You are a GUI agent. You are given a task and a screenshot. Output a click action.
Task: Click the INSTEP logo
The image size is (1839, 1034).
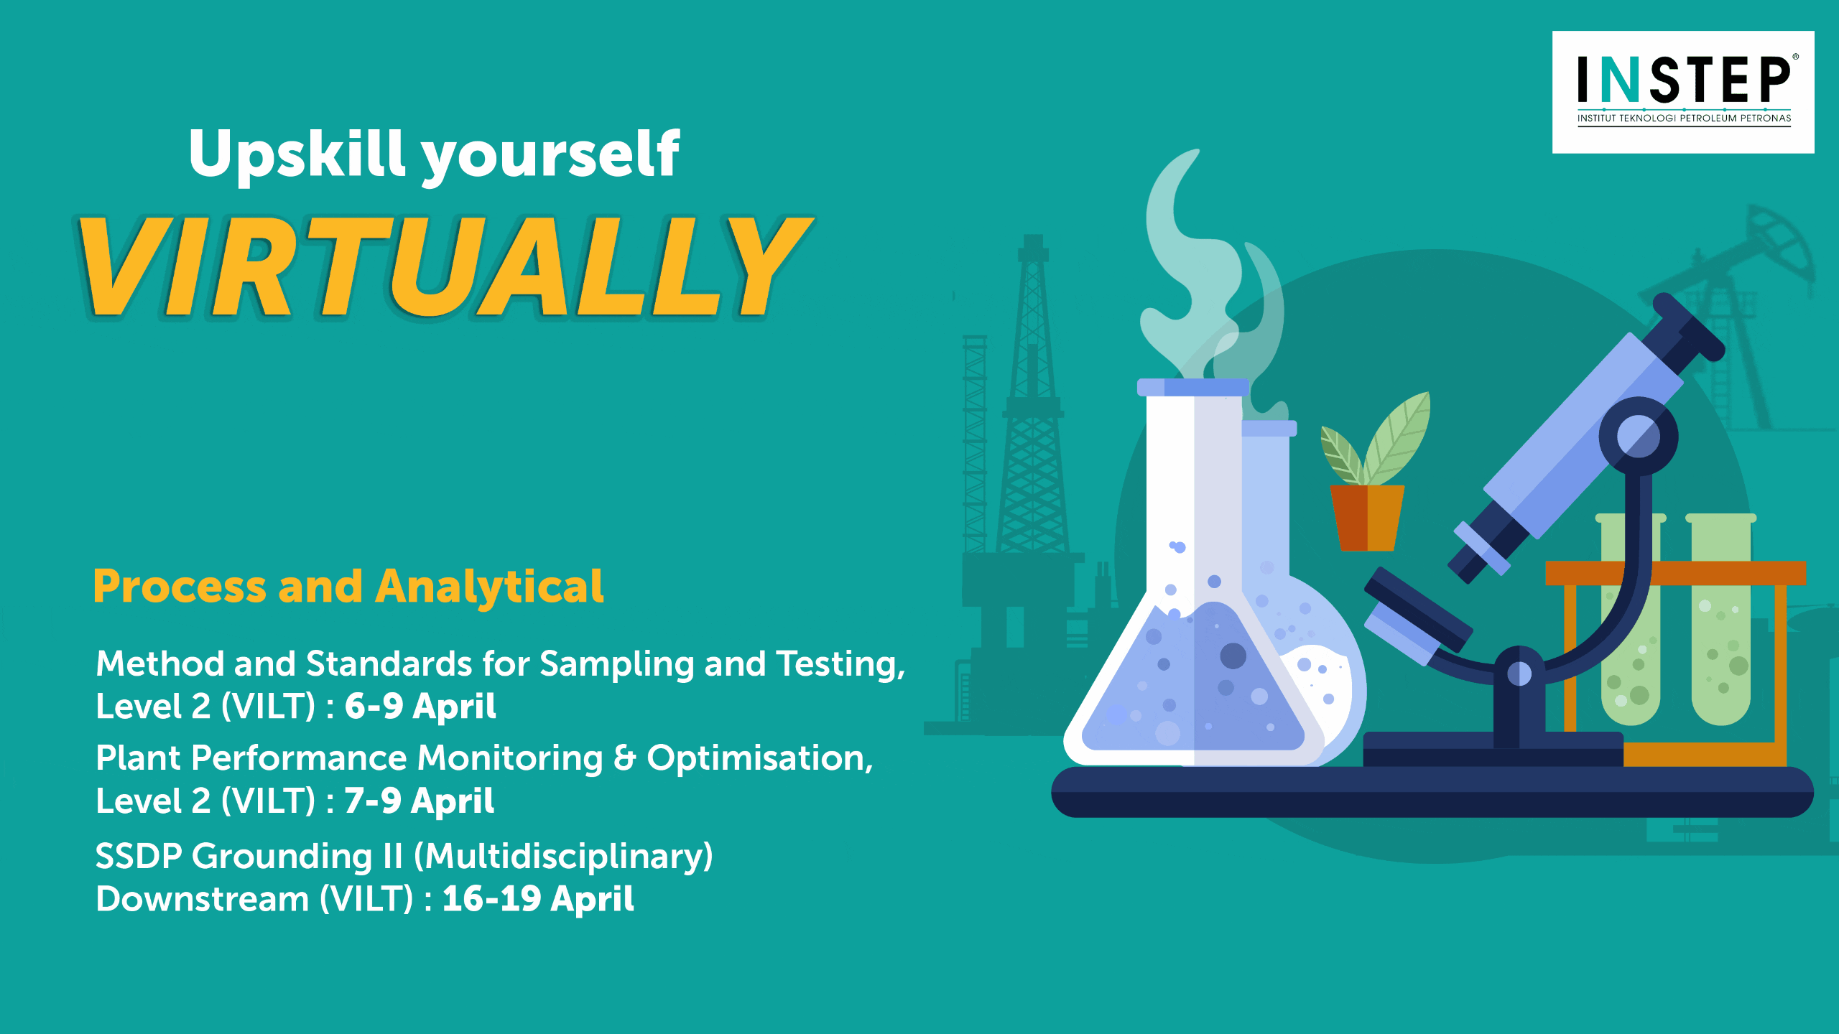point(1683,92)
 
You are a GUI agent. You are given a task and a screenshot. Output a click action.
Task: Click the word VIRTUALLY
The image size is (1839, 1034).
point(445,267)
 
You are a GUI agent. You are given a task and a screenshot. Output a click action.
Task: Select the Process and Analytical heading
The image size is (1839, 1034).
point(348,587)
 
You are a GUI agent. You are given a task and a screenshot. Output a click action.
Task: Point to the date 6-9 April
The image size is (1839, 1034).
point(420,706)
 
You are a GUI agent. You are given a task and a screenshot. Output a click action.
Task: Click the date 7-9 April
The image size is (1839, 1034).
point(420,801)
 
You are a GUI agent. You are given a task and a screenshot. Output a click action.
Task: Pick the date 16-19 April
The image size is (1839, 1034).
point(538,898)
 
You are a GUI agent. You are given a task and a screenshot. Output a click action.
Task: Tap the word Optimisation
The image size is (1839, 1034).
point(760,759)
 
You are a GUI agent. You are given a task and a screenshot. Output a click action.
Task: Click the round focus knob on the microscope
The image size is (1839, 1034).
point(1639,436)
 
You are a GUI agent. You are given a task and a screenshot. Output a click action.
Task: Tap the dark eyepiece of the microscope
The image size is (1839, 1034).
point(1687,327)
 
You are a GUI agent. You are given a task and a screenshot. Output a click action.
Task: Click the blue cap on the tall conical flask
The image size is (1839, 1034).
point(1192,387)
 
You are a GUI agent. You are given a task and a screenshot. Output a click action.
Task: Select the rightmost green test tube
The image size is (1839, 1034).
point(1721,618)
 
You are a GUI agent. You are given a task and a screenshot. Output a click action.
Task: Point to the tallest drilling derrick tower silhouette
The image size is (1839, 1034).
point(1033,395)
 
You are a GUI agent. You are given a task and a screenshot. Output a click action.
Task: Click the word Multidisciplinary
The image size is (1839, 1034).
point(564,856)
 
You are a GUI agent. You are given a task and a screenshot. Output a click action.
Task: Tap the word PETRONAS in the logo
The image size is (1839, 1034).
point(1766,118)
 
